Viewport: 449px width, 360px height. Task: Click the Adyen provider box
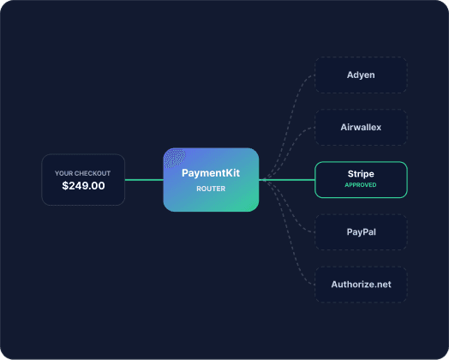361,75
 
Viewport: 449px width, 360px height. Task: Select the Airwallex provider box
361,127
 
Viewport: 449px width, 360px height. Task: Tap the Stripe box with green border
361,179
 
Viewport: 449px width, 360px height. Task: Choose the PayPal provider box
361,232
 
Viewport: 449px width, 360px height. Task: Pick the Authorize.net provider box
361,285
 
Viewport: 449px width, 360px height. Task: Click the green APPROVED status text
361,185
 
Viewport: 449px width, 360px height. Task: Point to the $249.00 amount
83,186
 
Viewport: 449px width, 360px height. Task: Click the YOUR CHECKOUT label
82,173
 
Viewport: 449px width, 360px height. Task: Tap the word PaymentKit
211,173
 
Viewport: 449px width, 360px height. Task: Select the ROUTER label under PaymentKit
211,189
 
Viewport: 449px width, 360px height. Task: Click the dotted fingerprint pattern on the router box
175,158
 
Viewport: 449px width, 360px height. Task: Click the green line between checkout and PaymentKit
144,180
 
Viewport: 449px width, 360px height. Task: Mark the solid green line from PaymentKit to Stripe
287,180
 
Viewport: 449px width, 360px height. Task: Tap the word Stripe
361,174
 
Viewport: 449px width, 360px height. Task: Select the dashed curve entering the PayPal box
290,207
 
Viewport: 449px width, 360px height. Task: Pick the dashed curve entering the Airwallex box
290,153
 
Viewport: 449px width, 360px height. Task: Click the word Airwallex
361,127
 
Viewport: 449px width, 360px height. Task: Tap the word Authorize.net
361,285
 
